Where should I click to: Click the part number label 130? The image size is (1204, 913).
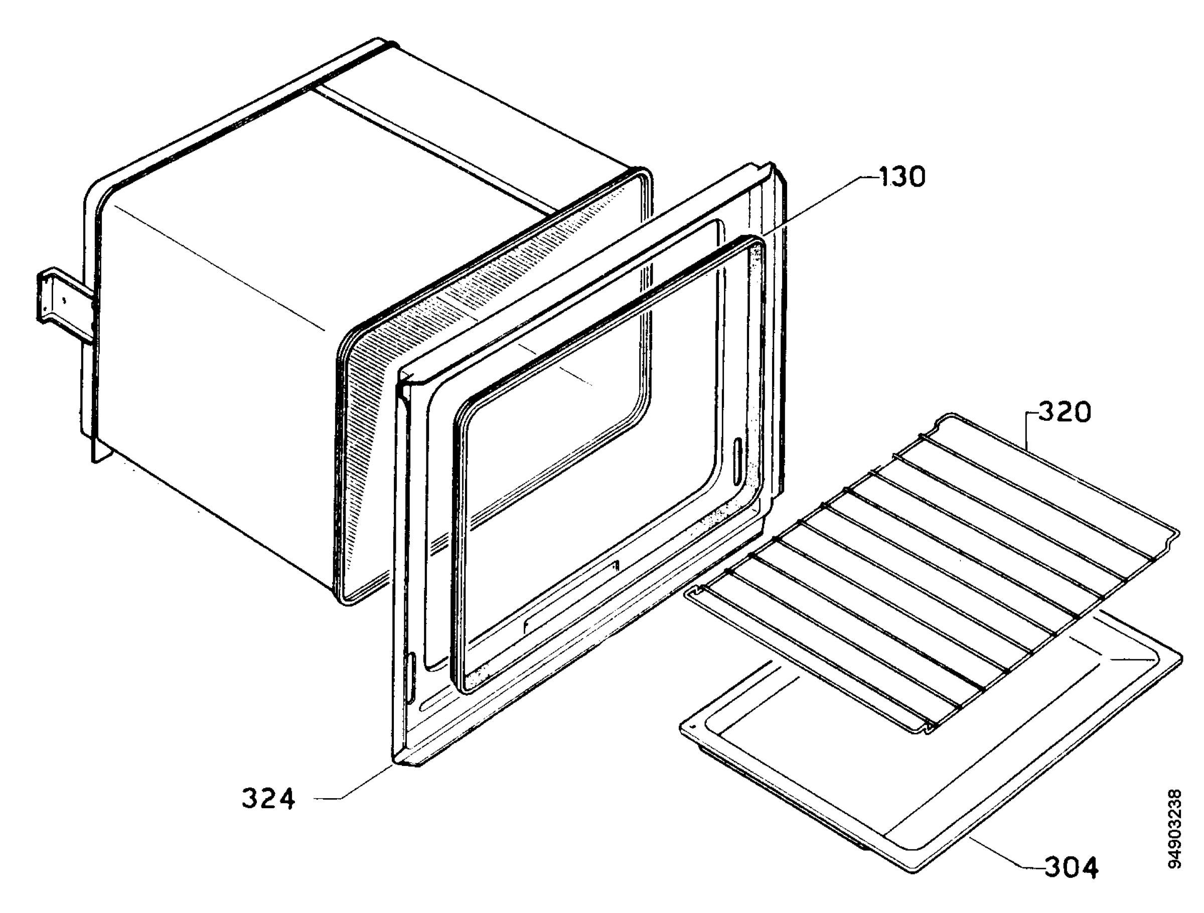(901, 178)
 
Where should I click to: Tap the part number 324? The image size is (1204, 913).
(268, 799)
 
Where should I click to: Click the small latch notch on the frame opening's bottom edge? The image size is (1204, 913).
(616, 564)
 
